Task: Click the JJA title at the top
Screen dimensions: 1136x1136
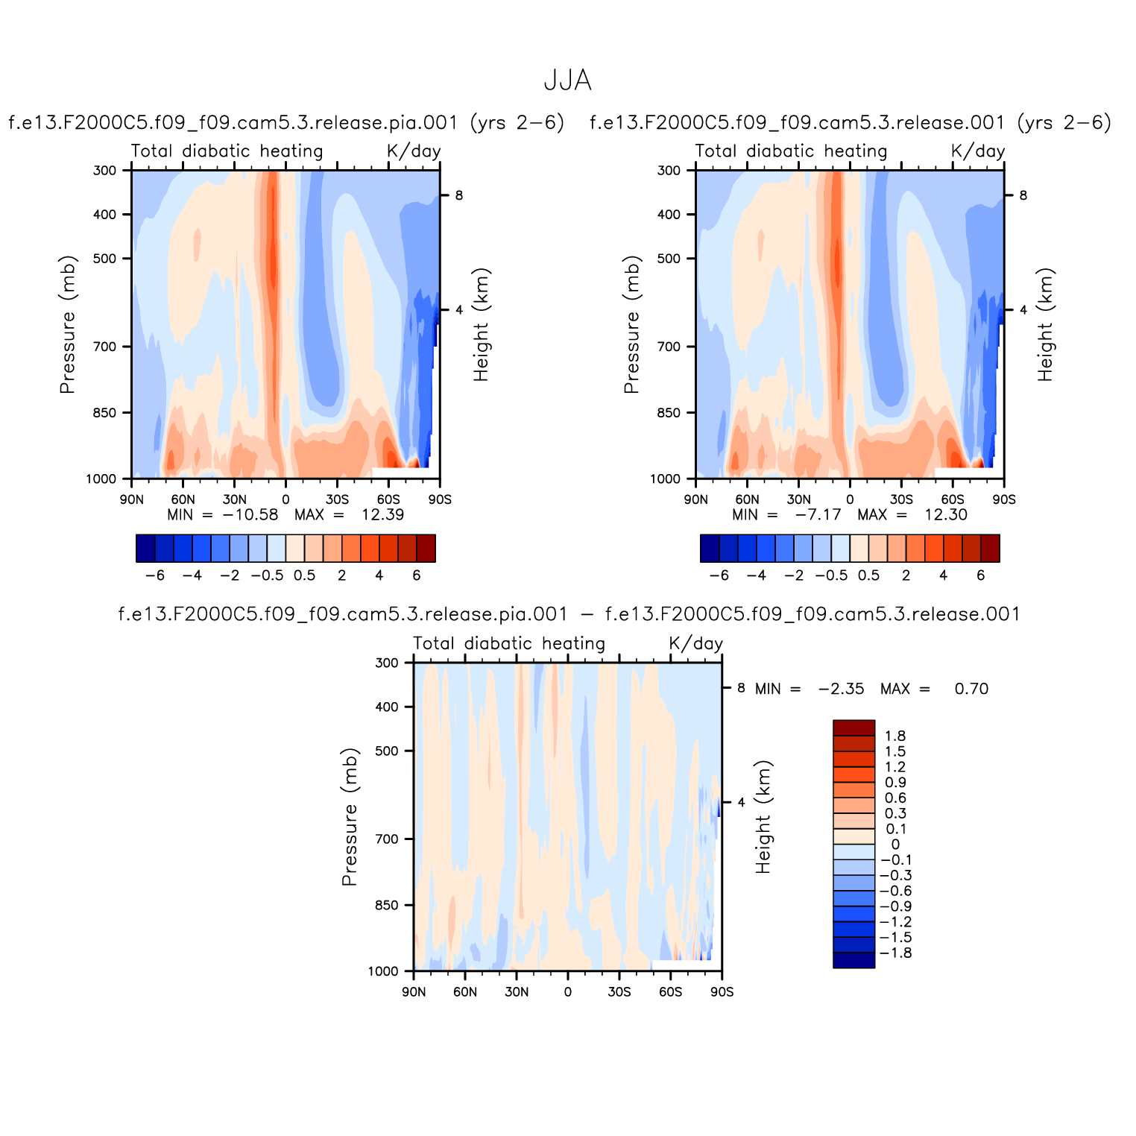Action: click(x=567, y=81)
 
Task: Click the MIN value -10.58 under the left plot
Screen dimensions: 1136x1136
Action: click(x=250, y=515)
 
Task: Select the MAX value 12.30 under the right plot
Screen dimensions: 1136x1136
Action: click(x=946, y=515)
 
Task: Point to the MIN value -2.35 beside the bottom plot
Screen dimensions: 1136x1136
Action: click(x=842, y=690)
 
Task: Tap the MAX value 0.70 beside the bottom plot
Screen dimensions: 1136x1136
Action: click(x=971, y=690)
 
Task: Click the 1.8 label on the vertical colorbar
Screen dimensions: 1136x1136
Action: click(x=895, y=736)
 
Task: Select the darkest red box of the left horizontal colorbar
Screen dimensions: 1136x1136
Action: click(x=426, y=548)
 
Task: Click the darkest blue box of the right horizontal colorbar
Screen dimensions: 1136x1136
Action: click(x=710, y=548)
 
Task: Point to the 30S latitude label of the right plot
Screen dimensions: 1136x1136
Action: click(x=901, y=499)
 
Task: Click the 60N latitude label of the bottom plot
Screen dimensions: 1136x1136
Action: click(x=465, y=992)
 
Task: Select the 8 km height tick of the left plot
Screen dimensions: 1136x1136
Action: click(x=459, y=195)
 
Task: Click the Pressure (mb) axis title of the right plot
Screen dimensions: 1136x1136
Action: click(x=632, y=324)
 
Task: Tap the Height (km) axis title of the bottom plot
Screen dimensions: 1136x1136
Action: click(x=763, y=816)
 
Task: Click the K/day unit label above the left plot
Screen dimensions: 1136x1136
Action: click(x=414, y=151)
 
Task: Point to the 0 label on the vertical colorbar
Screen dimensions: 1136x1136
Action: click(x=895, y=845)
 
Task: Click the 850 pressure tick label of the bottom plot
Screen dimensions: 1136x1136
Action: click(x=387, y=905)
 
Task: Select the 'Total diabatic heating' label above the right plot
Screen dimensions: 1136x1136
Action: click(x=791, y=151)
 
